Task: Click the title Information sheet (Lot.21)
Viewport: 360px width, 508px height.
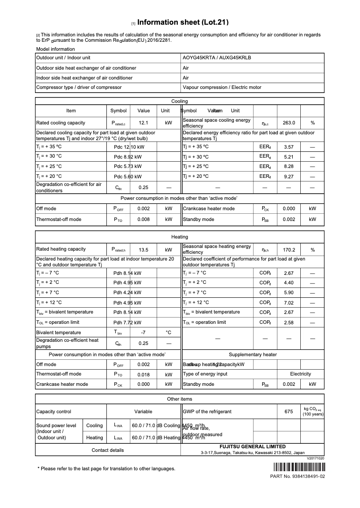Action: (183, 22)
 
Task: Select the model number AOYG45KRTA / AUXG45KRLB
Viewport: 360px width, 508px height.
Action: (217, 58)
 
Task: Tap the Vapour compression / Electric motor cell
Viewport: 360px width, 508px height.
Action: (222, 88)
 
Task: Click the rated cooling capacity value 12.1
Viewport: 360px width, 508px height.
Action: (144, 123)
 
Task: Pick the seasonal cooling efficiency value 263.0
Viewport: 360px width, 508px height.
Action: (289, 123)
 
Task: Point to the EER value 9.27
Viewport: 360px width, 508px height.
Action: (289, 177)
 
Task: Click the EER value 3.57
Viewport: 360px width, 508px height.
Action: (289, 147)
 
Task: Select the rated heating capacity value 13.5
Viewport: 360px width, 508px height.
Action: (144, 250)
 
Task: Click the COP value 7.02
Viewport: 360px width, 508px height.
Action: (289, 303)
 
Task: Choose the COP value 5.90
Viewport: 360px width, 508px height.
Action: (289, 292)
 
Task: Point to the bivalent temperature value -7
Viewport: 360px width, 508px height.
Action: (144, 333)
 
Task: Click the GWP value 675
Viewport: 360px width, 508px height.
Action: (289, 411)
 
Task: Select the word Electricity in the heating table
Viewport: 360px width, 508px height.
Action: (300, 374)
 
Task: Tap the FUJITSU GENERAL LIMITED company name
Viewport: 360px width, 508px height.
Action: (252, 447)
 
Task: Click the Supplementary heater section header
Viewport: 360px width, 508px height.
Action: (253, 354)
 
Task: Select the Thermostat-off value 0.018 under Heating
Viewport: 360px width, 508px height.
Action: (144, 374)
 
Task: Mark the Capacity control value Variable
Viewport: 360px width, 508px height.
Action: (144, 411)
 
